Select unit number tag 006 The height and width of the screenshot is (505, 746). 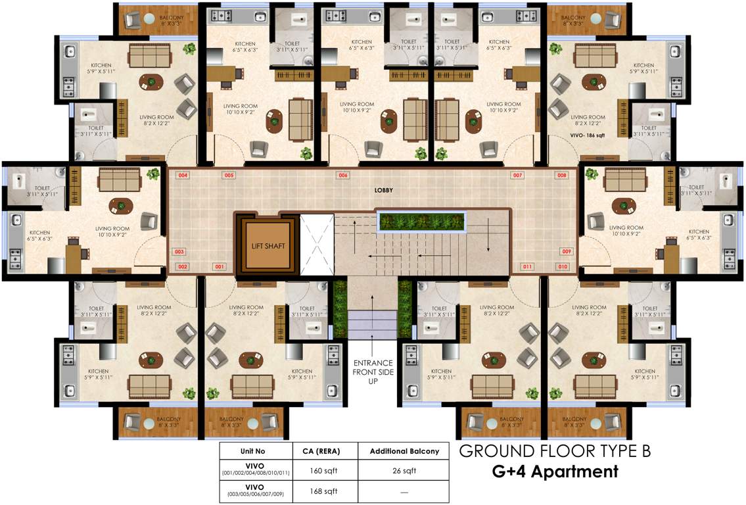(342, 176)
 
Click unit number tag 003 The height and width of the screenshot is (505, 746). (179, 251)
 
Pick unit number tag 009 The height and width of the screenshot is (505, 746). (567, 251)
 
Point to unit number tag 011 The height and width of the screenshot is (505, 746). (527, 266)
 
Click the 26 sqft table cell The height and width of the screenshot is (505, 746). (404, 471)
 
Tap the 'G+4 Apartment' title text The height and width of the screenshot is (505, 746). (555, 471)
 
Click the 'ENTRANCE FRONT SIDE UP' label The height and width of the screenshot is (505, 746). (373, 372)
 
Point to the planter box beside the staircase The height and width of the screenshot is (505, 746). (422, 222)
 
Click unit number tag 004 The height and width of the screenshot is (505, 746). (183, 176)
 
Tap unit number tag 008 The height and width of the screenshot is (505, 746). (562, 176)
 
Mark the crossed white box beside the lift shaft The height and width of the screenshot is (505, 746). (317, 245)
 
